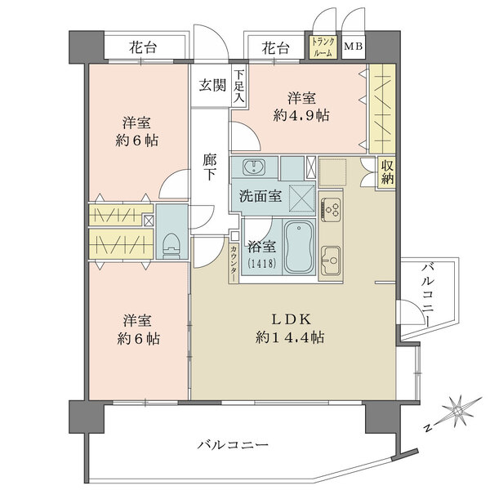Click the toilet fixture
[171, 246]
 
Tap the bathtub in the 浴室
[299, 247]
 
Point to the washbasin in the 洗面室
[254, 167]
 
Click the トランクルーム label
[323, 47]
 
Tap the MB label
[353, 47]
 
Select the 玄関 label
[212, 85]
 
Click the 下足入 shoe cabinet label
[239, 87]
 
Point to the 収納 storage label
[387, 172]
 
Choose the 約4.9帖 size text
[301, 116]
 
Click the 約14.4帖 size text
[290, 337]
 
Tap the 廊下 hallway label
[209, 167]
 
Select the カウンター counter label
[233, 262]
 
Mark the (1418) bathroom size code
[262, 264]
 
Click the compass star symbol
[461, 410]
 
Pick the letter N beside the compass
[429, 428]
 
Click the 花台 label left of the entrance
[143, 48]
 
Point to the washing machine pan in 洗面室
[302, 198]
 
